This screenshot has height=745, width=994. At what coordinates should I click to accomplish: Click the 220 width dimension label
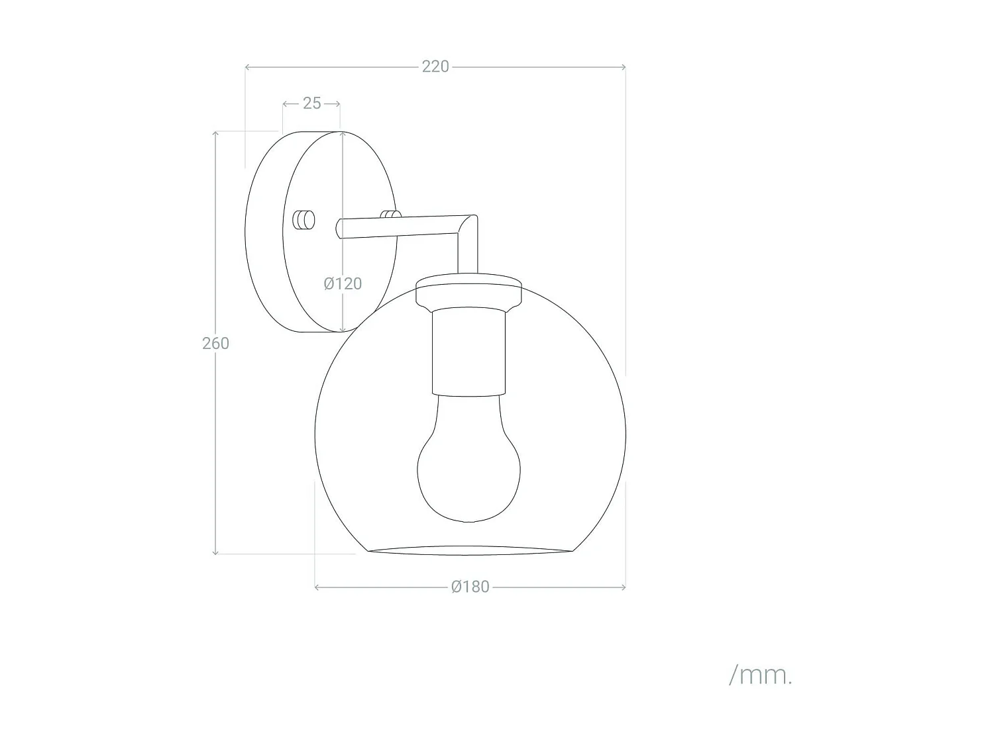click(x=435, y=66)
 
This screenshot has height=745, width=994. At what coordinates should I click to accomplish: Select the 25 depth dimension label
click(x=311, y=103)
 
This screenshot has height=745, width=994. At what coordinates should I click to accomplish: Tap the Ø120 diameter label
click(x=343, y=283)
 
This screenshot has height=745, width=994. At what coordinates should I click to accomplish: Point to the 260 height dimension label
click(x=215, y=343)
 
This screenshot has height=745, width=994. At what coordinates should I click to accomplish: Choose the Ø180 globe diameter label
click(x=470, y=587)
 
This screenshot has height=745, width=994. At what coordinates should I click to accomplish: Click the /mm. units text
click(x=760, y=675)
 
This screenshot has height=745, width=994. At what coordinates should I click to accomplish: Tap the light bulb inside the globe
click(x=469, y=464)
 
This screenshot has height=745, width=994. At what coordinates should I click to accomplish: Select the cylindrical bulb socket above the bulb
click(x=469, y=351)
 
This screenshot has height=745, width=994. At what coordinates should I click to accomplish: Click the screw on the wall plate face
click(x=304, y=219)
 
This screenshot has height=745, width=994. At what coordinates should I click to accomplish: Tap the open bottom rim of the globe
click(x=469, y=551)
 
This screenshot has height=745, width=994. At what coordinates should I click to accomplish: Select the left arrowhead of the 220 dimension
click(x=247, y=67)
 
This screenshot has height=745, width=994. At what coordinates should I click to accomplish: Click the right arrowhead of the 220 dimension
click(x=623, y=67)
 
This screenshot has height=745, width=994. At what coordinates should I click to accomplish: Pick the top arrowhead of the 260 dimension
click(x=215, y=134)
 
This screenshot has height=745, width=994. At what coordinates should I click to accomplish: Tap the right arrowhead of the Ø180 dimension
click(x=623, y=587)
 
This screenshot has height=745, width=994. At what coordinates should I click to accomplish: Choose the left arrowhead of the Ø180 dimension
click(x=317, y=587)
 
